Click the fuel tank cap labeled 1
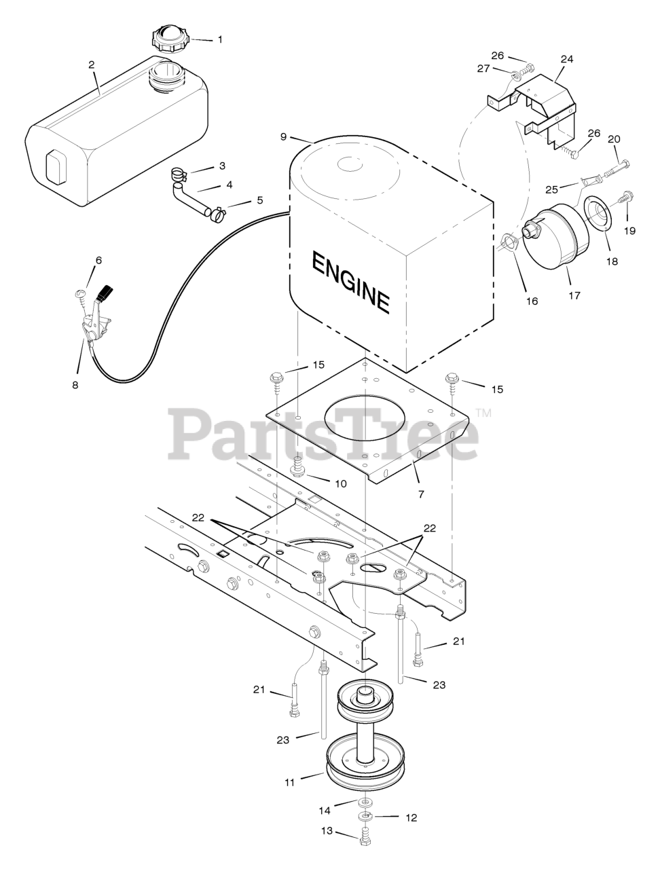coord(169,38)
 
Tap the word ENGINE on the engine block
coord(351,282)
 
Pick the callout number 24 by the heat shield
coord(566,59)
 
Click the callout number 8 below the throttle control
coord(75,385)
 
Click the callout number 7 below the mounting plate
coord(420,494)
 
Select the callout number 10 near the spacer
coord(340,483)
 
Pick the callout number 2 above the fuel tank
coord(92,64)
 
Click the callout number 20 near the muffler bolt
coord(614,139)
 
